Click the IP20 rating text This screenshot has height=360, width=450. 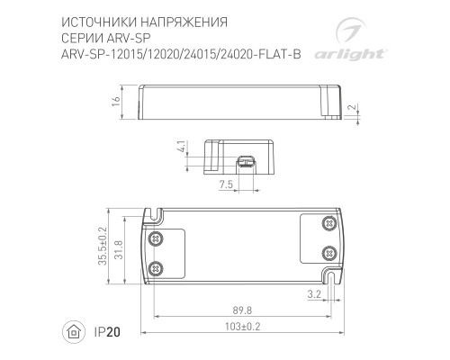click(x=105, y=333)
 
